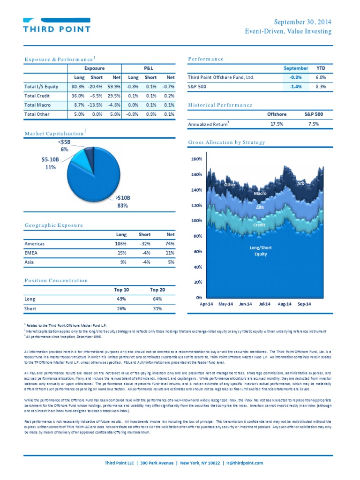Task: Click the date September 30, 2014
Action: click(302, 22)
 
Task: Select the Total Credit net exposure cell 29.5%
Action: click(113, 96)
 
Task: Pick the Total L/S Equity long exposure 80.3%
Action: click(78, 87)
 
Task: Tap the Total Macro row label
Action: click(37, 105)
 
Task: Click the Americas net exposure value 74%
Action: click(170, 244)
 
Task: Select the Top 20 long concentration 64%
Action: click(157, 299)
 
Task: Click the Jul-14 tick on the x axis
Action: click(265, 304)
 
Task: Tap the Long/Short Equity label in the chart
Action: click(261, 251)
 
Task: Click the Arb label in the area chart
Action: click(301, 183)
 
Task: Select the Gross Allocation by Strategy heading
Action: click(226, 142)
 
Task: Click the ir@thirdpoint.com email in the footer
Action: click(244, 463)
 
